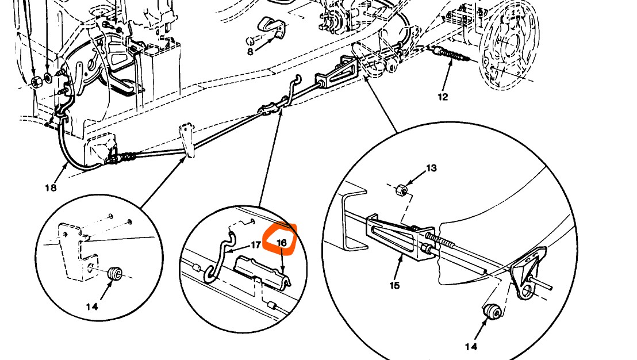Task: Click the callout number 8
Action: (x=250, y=52)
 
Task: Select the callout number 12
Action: (x=442, y=97)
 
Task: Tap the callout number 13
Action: (x=431, y=168)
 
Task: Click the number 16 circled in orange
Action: (x=282, y=243)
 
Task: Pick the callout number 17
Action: (x=256, y=246)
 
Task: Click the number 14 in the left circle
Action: (x=92, y=307)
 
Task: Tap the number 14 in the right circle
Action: (x=471, y=346)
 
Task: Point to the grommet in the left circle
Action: (x=114, y=271)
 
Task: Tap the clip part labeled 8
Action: (x=275, y=26)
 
